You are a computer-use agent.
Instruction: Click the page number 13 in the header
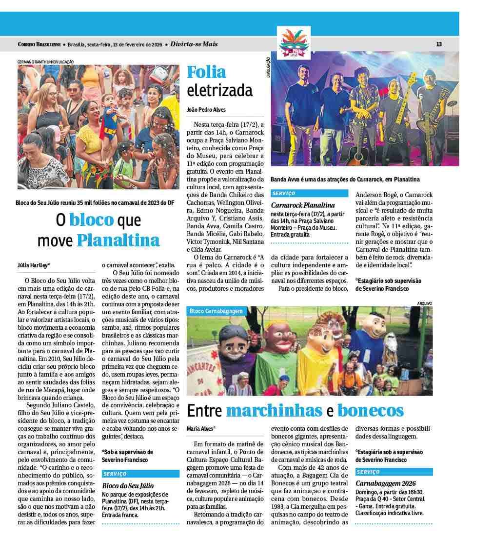439,44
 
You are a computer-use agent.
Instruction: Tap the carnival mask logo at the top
294,43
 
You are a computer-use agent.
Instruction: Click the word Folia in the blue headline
207,72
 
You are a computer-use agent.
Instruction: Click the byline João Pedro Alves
206,110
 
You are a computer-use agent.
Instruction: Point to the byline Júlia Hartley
34,265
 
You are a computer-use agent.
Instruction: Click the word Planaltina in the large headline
118,240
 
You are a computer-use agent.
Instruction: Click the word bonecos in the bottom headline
371,411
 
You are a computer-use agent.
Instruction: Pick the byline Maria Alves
201,429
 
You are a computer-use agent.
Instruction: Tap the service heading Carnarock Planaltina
303,205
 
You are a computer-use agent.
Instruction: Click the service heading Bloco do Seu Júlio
128,485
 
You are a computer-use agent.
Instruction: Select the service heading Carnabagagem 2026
385,483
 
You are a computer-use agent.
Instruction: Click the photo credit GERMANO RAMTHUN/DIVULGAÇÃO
45,62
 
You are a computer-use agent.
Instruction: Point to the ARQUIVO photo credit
424,303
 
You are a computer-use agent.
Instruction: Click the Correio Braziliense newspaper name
39,44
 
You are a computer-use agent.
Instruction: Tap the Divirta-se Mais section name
194,44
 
